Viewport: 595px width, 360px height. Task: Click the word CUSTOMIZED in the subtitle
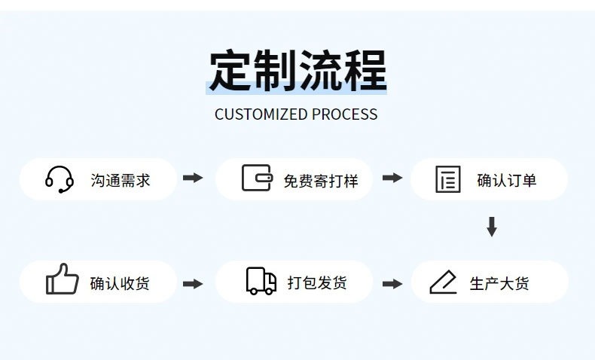261,114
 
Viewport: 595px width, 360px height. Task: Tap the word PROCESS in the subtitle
344,114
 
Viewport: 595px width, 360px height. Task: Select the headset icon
59,179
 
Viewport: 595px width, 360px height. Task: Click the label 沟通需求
121,180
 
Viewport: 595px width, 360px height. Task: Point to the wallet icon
257,178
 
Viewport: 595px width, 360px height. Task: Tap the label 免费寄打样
321,181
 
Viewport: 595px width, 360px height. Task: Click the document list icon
448,179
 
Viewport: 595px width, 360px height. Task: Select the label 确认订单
507,180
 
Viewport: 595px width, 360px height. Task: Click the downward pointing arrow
492,226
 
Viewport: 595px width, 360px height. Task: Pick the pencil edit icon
444,282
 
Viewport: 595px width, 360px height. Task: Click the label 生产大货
499,283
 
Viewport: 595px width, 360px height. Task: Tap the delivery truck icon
261,281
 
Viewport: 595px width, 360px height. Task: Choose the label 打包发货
317,283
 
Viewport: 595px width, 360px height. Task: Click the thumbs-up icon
62,279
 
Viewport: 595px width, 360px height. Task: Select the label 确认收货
120,283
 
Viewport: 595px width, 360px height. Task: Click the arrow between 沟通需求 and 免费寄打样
194,178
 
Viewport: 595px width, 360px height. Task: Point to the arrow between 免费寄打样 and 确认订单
392,178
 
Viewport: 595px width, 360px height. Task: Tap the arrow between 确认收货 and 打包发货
194,283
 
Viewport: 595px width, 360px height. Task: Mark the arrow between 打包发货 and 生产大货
392,283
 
